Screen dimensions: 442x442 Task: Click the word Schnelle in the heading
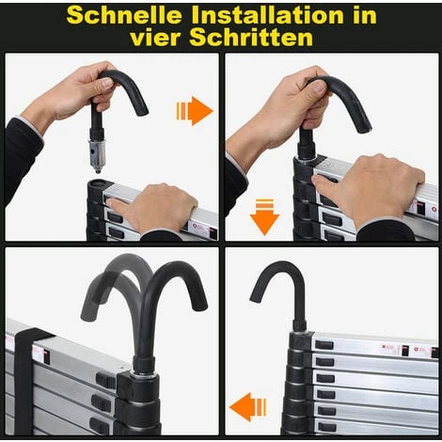pos(124,15)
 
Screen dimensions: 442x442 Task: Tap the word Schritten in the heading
pos(251,38)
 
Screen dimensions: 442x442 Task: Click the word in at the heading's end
pos(365,15)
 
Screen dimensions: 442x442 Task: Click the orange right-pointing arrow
pos(195,111)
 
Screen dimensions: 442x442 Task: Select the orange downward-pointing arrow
pos(264,217)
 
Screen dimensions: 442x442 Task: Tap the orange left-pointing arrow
pos(248,407)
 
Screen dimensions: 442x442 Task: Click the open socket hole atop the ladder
pos(98,183)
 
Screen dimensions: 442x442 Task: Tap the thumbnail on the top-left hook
pos(107,83)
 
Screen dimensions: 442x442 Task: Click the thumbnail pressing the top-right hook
pos(319,86)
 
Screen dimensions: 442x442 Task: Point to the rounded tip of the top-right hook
pos(366,128)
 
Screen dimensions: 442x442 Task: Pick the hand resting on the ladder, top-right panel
pos(370,189)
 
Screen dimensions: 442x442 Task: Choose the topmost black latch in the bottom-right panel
pos(324,345)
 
